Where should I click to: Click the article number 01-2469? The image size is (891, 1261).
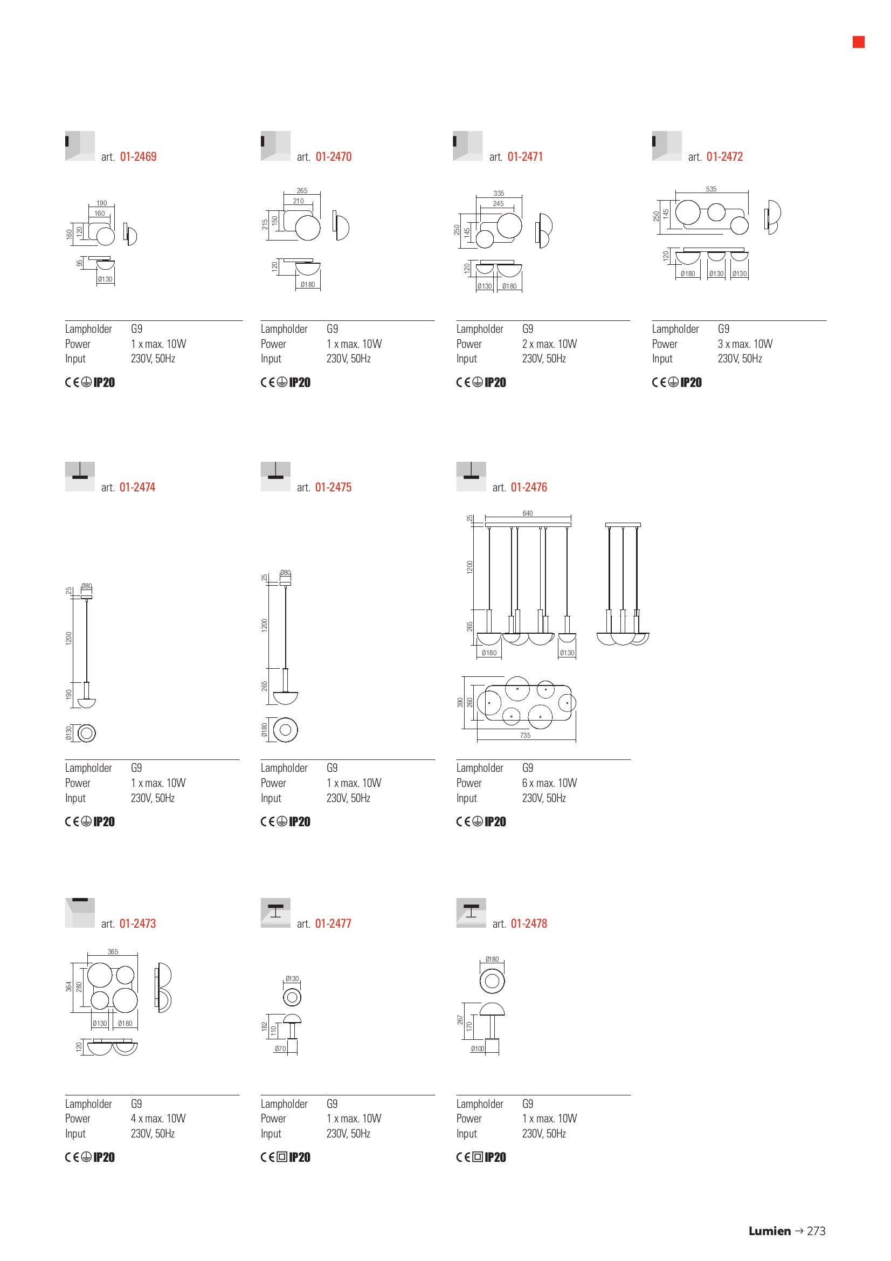tap(139, 156)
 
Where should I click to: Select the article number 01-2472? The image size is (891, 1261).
tap(724, 156)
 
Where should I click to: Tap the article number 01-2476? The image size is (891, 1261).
tap(529, 487)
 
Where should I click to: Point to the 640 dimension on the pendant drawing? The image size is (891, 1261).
tap(528, 513)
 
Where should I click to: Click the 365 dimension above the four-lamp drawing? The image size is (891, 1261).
tap(113, 952)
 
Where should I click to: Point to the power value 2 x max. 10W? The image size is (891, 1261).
tap(550, 344)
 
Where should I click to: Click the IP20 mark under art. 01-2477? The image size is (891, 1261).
tap(300, 1157)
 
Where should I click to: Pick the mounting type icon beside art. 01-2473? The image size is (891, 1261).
tap(80, 913)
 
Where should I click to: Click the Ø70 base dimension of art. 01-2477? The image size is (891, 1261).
tap(280, 1048)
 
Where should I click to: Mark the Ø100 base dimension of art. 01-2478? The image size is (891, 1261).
tap(478, 1048)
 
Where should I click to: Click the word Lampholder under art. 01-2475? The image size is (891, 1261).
tap(285, 768)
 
